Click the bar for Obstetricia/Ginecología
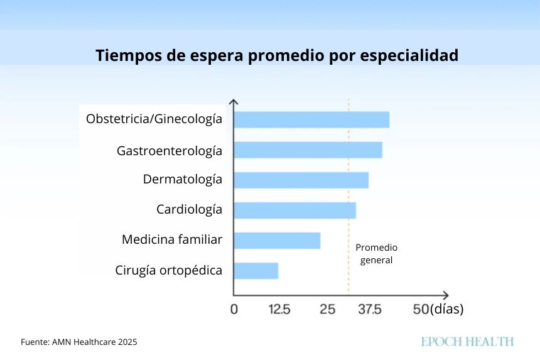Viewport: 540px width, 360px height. (311, 119)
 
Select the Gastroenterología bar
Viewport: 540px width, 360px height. (308, 150)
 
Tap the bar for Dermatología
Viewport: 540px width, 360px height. (301, 180)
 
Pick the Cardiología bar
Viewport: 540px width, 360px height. (294, 210)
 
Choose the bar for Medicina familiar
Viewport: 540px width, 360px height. (277, 240)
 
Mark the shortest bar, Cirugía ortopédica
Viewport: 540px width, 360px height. (256, 270)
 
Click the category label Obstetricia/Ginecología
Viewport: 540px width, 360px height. (154, 119)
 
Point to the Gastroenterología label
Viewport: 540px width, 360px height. (169, 151)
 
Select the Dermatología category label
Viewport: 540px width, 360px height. (182, 180)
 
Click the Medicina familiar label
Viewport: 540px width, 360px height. (172, 240)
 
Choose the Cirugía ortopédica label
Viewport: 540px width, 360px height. (168, 271)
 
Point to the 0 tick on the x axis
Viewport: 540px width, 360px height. (234, 309)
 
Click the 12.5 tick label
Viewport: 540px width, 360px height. (279, 309)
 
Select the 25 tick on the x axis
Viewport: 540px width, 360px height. (327, 309)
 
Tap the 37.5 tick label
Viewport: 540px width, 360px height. (369, 309)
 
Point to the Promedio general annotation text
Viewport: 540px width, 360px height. (376, 253)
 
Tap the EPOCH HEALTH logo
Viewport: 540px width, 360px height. (467, 342)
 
